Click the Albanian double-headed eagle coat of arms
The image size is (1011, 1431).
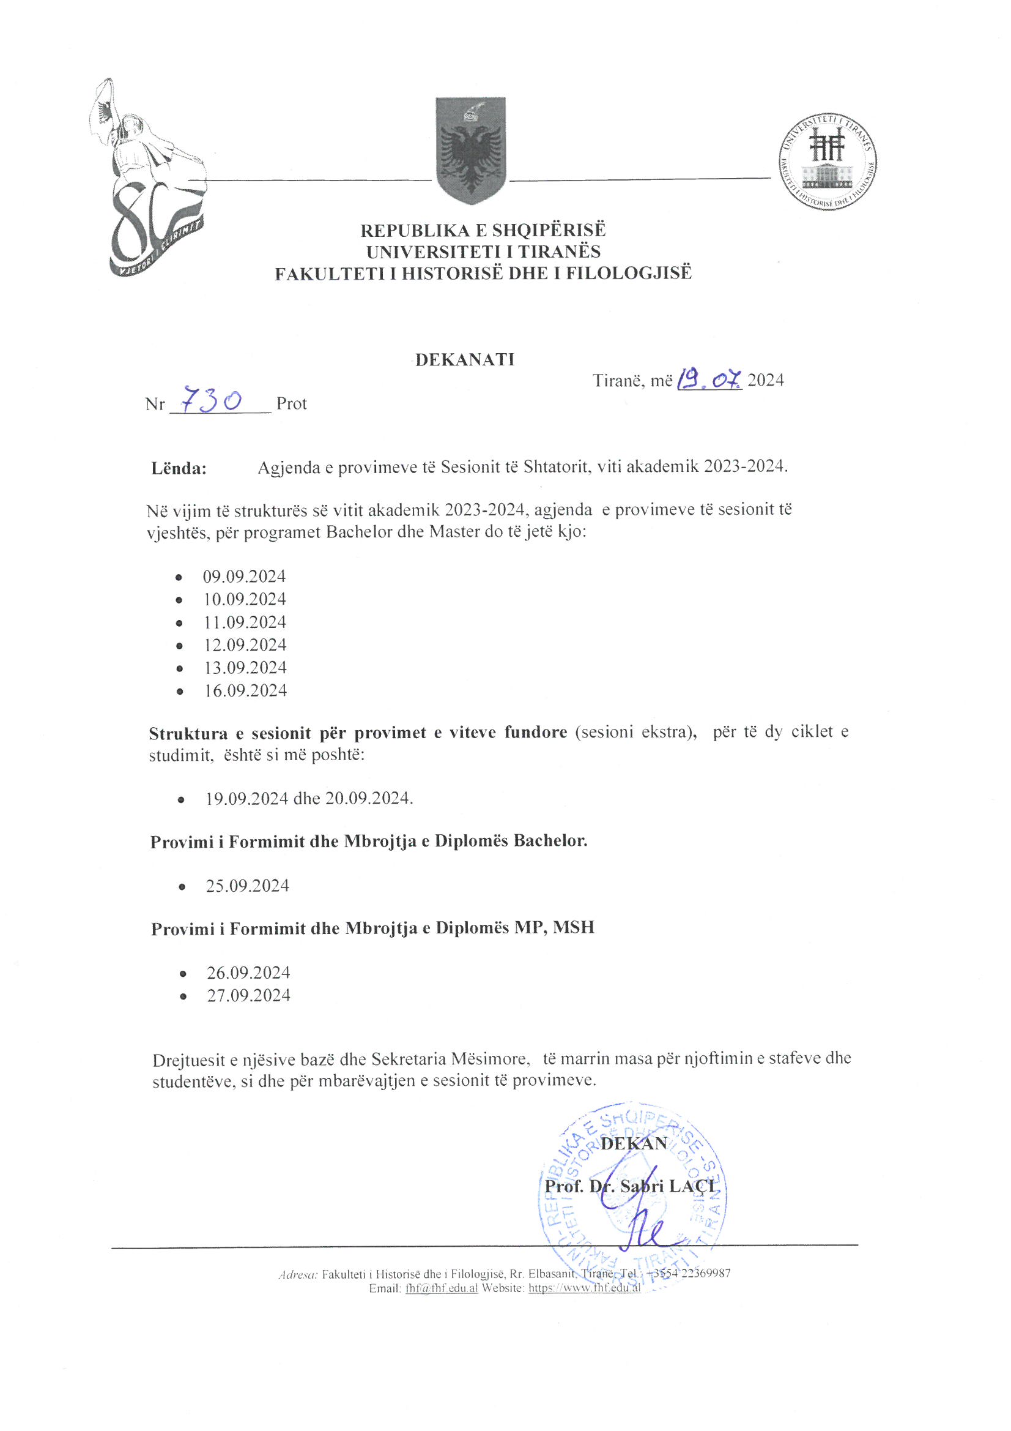coord(470,150)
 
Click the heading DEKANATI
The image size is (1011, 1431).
coord(465,360)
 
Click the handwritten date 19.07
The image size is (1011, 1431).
coord(709,378)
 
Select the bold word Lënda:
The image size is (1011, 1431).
coord(179,468)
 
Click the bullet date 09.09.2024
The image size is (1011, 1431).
coord(244,576)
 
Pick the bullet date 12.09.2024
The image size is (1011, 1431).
coord(245,645)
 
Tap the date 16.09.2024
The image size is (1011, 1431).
coord(245,690)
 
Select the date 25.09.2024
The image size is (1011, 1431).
coord(247,886)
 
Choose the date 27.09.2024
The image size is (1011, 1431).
coord(248,995)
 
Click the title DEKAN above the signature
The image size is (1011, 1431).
coord(634,1143)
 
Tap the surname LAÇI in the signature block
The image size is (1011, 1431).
coord(693,1186)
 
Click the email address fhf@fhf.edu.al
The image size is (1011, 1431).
coord(442,1288)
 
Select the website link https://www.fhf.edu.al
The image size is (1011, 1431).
coord(584,1288)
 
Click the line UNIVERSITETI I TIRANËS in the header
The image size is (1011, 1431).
coord(483,252)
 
